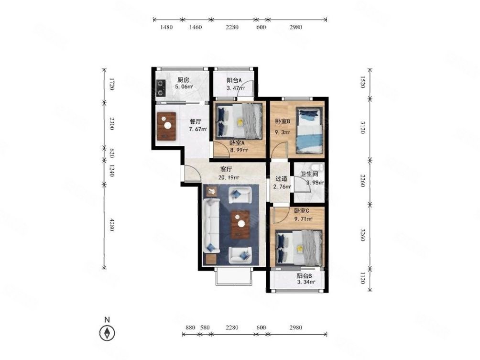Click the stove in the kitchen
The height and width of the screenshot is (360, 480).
pos(161,88)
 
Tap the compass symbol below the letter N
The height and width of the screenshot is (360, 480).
pos(107,333)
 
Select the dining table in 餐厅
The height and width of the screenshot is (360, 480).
pos(166,126)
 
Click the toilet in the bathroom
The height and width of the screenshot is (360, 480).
pos(316,167)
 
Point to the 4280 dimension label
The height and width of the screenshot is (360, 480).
pos(112,225)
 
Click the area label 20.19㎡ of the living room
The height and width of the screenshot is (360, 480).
pos(229,177)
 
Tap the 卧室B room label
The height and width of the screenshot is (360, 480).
pos(282,121)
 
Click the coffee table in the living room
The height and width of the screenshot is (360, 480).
pos(240,225)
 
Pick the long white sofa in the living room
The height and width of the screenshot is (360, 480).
pos(211,226)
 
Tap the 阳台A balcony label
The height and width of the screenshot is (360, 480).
pos(234,80)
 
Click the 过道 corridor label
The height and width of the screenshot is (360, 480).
pos(281,178)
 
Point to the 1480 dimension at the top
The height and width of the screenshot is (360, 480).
pos(166,27)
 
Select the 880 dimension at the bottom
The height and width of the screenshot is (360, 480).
pos(190,327)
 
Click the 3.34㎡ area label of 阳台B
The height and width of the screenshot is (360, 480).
pos(306,282)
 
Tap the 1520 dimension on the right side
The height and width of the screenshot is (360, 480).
pos(362,82)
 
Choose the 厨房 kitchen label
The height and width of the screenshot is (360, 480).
pos(184,80)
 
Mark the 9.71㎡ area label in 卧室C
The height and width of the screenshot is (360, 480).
pos(304,219)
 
